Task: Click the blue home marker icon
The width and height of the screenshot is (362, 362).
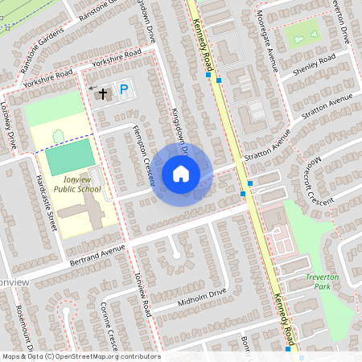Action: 181,174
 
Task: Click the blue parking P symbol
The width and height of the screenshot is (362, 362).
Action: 123,91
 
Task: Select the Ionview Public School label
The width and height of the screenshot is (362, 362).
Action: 78,184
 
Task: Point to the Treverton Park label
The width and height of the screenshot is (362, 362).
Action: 323,281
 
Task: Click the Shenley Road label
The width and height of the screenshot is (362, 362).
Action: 315,64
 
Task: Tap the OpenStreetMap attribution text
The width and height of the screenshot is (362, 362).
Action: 80,356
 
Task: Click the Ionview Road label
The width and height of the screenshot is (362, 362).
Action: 142,294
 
